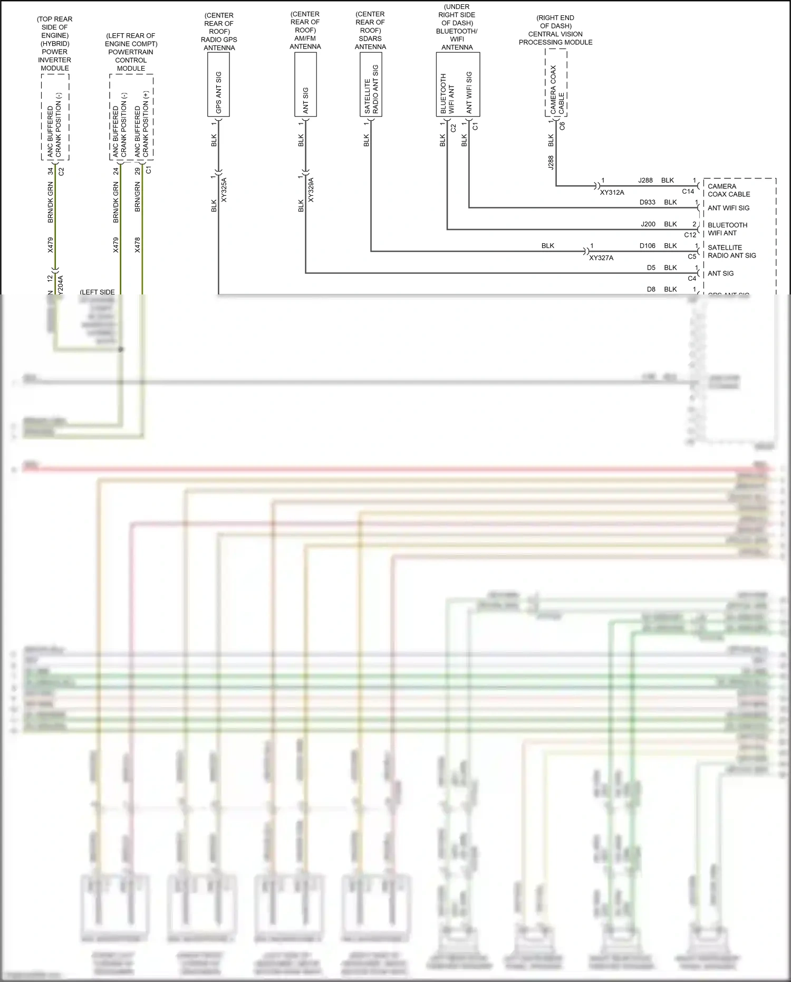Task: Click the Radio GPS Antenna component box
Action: click(x=218, y=84)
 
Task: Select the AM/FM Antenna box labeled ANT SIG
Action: click(x=305, y=84)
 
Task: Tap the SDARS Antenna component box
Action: click(x=371, y=84)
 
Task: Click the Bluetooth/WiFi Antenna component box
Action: click(x=458, y=84)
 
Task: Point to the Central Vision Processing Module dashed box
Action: click(x=556, y=83)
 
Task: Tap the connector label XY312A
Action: click(x=612, y=193)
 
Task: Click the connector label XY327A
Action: click(x=601, y=258)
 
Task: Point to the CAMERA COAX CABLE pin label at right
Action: click(x=728, y=190)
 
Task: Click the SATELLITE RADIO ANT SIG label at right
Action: click(x=731, y=251)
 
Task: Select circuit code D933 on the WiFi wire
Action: click(x=647, y=202)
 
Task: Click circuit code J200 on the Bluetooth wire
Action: click(x=648, y=224)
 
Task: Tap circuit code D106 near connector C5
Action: click(x=647, y=246)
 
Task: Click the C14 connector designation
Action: click(x=688, y=192)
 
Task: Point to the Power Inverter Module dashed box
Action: click(x=55, y=117)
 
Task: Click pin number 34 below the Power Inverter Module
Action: click(x=51, y=171)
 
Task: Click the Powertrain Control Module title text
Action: click(x=131, y=52)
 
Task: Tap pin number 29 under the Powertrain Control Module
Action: click(x=138, y=171)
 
